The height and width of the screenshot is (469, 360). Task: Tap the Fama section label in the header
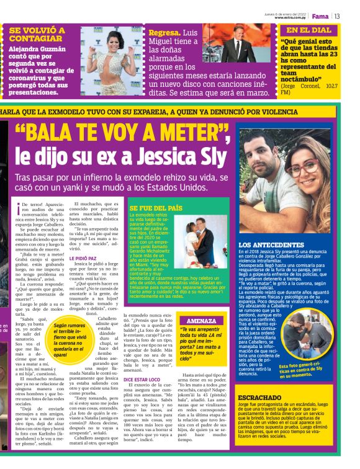coord(320,16)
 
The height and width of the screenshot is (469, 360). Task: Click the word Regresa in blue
coord(164,32)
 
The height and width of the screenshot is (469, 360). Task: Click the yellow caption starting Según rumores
coord(69,336)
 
